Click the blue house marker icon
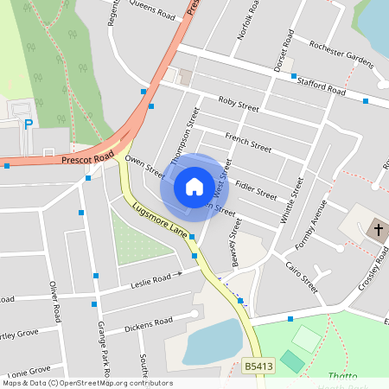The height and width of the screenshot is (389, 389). tap(194, 186)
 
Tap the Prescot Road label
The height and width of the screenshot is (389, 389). tap(87, 159)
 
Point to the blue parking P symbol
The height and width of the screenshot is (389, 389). tap(29, 124)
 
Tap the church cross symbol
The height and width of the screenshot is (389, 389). tap(378, 230)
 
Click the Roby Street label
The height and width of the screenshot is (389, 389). tap(239, 105)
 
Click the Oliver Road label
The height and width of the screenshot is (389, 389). tap(55, 302)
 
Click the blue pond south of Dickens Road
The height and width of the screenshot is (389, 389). tap(210, 341)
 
